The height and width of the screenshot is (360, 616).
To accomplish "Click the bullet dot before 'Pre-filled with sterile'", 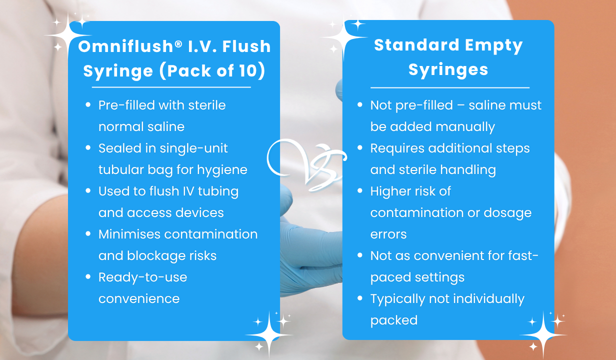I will point(88,105).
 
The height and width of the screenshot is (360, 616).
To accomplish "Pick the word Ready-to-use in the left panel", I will point(142,277).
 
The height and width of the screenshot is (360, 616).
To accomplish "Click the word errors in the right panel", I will point(388,234).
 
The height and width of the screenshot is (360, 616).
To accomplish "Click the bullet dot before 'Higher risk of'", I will point(360,191).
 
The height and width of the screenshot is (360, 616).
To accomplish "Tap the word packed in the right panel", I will point(393,320).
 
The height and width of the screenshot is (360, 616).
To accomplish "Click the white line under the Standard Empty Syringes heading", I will point(449,87).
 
